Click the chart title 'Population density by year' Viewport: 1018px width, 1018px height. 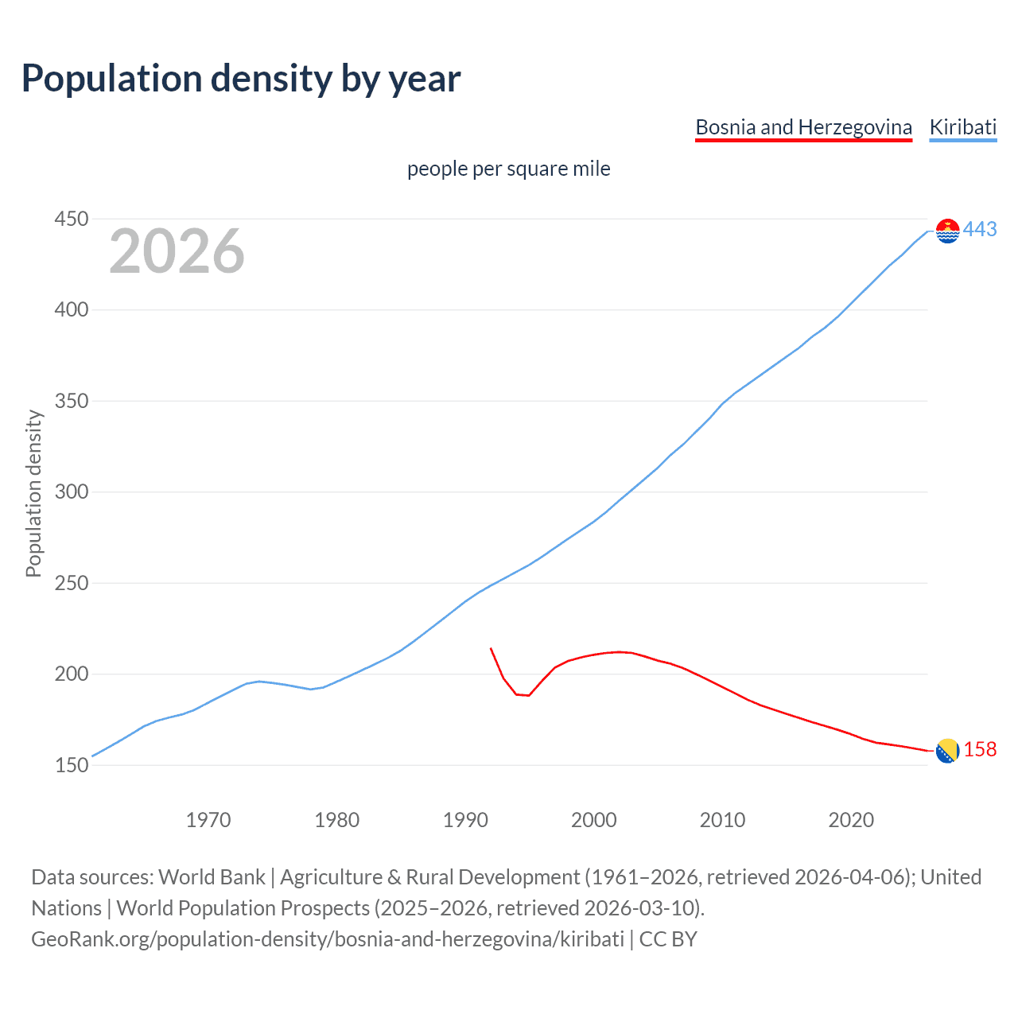click(241, 79)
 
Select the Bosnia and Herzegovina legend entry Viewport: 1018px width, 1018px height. click(803, 127)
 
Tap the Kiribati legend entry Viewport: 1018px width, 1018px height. click(962, 127)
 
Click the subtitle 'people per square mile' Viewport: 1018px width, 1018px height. click(508, 169)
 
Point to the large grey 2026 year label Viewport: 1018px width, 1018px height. click(177, 251)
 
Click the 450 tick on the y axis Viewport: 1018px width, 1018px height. click(71, 219)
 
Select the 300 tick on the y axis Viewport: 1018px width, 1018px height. click(71, 492)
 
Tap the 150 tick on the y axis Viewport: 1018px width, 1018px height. click(71, 765)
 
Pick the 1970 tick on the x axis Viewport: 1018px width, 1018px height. click(208, 820)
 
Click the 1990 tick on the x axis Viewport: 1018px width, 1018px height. click(465, 820)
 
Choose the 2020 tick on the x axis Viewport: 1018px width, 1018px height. click(851, 820)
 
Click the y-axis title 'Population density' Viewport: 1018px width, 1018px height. click(33, 493)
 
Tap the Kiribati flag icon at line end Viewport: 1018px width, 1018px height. click(947, 231)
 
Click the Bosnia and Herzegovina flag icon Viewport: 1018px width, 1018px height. click(947, 751)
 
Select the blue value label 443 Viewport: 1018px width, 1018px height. click(980, 230)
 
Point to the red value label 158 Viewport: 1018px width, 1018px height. click(980, 750)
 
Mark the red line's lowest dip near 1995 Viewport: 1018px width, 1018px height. click(528, 696)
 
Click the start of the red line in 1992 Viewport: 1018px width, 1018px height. click(491, 648)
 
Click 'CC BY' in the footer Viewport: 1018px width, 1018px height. click(668, 939)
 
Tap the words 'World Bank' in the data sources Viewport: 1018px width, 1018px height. click(212, 877)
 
